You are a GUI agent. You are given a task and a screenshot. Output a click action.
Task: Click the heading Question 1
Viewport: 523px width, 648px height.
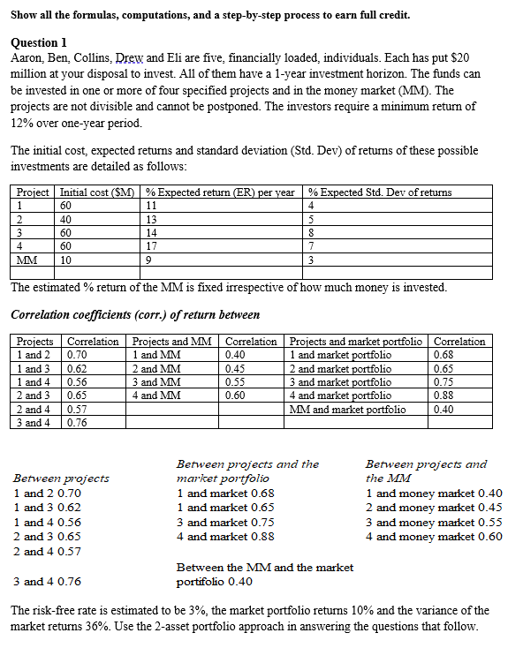coord(39,41)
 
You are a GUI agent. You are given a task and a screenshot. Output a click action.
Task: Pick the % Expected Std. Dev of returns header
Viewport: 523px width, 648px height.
coord(380,192)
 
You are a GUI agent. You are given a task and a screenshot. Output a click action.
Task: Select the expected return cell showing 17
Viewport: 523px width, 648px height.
coord(153,246)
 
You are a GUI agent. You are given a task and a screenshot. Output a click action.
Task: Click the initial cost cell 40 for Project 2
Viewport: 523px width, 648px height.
coord(66,219)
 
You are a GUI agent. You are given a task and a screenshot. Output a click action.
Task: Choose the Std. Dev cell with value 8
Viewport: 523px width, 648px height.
coord(312,232)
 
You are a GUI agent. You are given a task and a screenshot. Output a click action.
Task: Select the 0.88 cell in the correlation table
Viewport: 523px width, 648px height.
coord(447,396)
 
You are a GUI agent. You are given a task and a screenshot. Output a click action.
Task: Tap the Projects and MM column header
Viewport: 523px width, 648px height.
coord(172,342)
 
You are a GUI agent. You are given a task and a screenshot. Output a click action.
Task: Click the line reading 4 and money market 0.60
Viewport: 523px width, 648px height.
coord(434,536)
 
